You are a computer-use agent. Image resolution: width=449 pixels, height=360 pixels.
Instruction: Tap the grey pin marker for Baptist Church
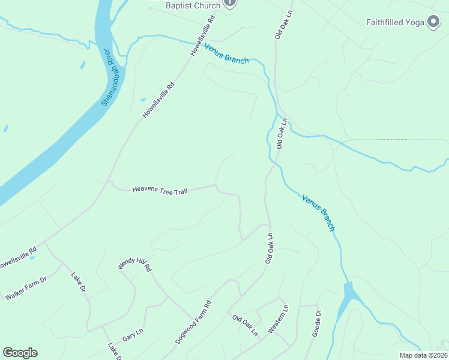230,3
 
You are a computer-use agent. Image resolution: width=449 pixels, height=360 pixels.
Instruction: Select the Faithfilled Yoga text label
394,23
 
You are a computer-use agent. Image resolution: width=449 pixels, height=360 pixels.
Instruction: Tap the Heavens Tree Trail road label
160,190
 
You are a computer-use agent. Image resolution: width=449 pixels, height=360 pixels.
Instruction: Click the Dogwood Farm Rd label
194,322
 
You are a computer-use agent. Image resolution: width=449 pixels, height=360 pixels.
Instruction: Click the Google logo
20,353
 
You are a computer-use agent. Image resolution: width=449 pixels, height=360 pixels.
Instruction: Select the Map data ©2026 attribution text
423,355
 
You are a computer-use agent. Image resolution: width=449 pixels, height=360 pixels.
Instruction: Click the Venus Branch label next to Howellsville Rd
226,53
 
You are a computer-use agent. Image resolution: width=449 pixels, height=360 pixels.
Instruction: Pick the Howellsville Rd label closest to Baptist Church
203,37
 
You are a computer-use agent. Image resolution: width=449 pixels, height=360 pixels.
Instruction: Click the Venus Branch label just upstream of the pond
318,212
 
